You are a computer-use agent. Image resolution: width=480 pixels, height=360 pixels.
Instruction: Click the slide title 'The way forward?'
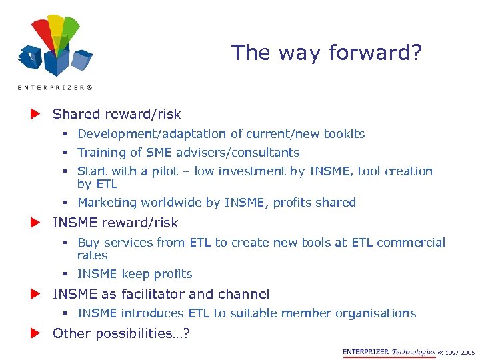[x=326, y=52]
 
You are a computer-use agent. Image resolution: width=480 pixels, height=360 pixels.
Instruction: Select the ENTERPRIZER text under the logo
[x=55, y=87]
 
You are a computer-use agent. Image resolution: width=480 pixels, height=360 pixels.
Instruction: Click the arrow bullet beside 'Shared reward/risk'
[x=35, y=114]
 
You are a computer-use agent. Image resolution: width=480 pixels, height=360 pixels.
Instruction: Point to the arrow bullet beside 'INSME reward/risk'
[x=35, y=222]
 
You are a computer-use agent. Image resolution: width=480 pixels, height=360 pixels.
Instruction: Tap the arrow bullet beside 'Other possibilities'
[x=35, y=333]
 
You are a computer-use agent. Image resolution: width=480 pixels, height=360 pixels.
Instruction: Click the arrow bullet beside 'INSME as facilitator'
[x=35, y=294]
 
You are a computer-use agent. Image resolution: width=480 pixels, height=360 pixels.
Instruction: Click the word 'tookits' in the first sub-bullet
[x=344, y=134]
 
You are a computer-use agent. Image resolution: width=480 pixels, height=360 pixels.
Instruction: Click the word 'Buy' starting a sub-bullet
[x=88, y=243]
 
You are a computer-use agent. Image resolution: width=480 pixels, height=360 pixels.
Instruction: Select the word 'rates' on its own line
[x=92, y=255]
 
